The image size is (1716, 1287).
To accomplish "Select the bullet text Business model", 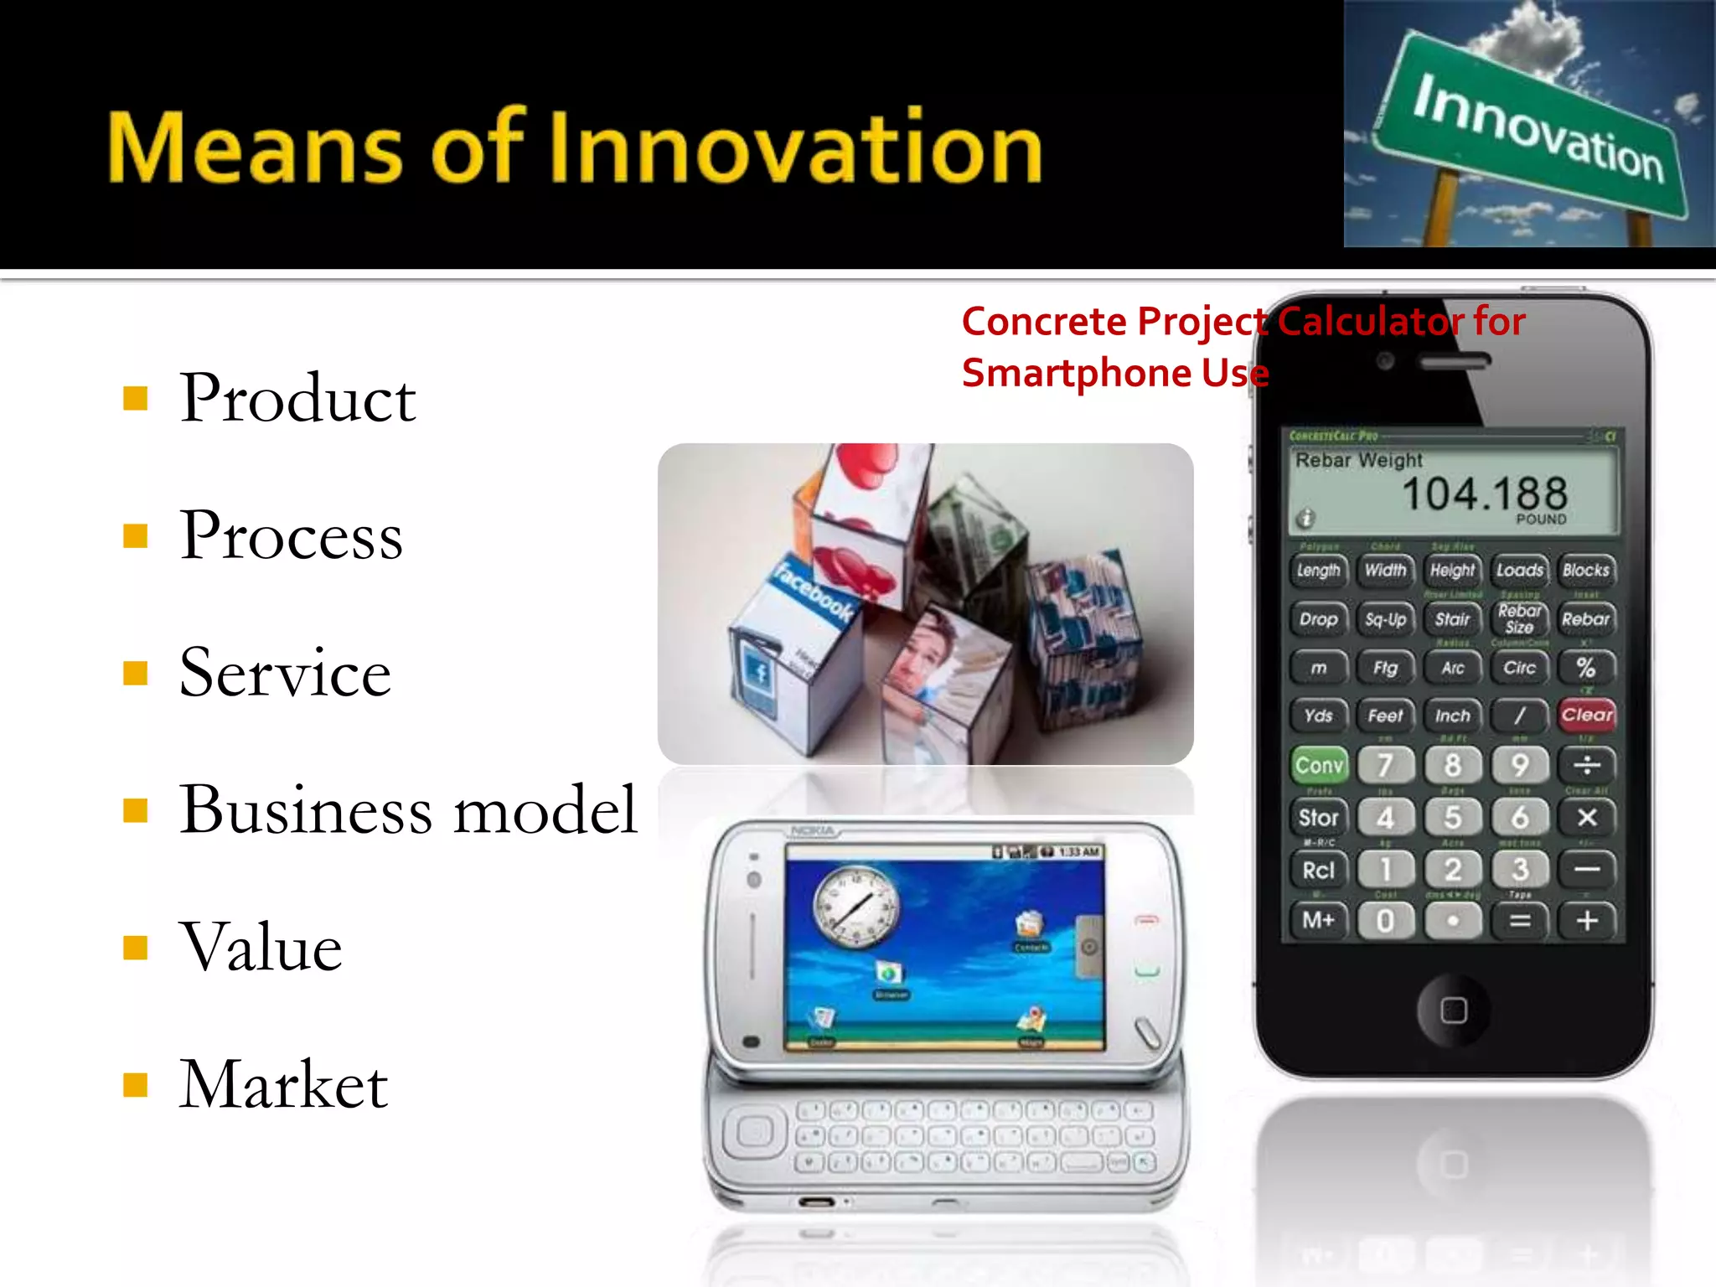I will pos(408,810).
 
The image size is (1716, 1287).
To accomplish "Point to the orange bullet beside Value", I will pos(135,948).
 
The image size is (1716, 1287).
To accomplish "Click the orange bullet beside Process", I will pos(135,535).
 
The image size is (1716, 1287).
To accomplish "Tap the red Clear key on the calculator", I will pos(1586,716).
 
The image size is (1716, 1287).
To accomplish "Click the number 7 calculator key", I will pos(1385,765).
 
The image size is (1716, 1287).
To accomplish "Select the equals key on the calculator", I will pos(1519,922).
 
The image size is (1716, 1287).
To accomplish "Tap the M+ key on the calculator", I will pos(1318,922).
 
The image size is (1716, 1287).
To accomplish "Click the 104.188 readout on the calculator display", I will pos(1484,494).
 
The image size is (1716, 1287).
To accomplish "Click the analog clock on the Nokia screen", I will pos(856,907).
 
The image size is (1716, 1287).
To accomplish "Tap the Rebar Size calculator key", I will pos(1519,619).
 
